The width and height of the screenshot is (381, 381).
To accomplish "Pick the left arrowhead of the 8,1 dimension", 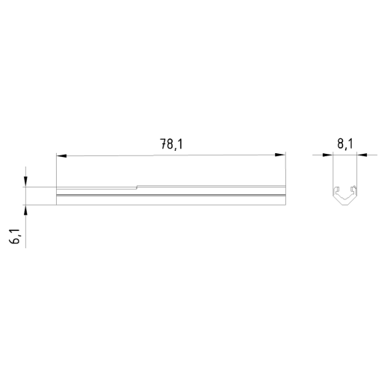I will pyautogui.click(x=327, y=155).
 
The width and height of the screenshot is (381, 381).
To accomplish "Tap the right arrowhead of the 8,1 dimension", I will pyautogui.click(x=362, y=155).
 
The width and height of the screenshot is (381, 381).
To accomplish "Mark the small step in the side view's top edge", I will pyautogui.click(x=136, y=187).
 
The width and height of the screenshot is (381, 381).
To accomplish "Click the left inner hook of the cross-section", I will pyautogui.click(x=337, y=188).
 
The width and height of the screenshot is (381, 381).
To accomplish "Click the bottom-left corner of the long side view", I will pyautogui.click(x=56, y=204).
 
